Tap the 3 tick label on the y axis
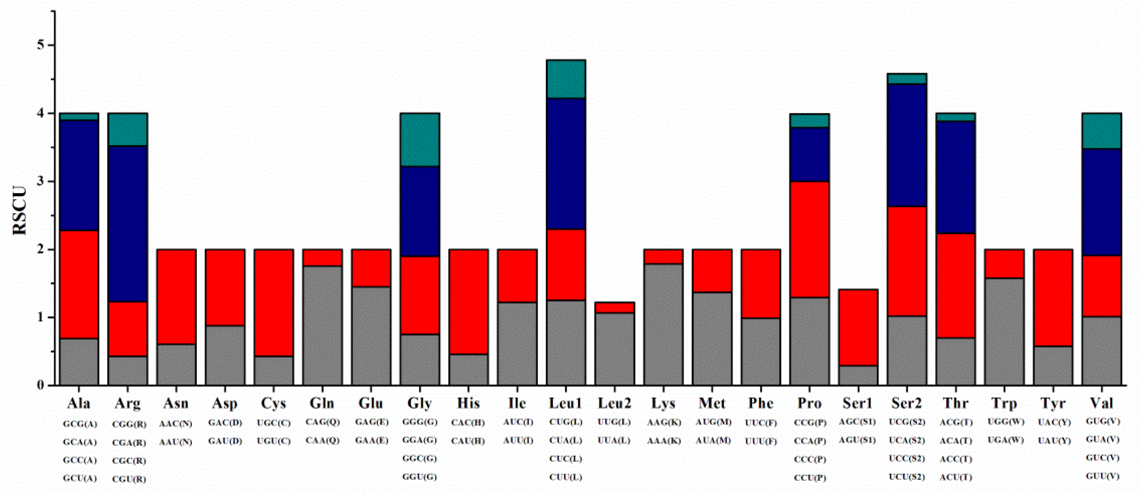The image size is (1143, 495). [x=41, y=182]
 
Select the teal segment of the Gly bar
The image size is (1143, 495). [x=420, y=140]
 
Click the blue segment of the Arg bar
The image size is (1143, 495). [x=128, y=224]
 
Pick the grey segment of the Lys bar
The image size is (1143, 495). [x=663, y=324]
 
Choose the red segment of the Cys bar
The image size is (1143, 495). [x=274, y=303]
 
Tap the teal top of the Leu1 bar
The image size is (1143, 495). [x=566, y=79]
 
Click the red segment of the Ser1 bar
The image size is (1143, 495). [x=858, y=328]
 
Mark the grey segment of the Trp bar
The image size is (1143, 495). [x=1004, y=331]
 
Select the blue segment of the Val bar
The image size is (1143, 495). [x=1102, y=202]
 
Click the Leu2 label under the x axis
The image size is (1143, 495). [x=614, y=403]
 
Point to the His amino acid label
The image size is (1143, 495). [x=468, y=403]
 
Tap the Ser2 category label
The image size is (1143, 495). [x=907, y=403]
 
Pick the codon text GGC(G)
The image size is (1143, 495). [x=420, y=459]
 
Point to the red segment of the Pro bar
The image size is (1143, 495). [x=809, y=240]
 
